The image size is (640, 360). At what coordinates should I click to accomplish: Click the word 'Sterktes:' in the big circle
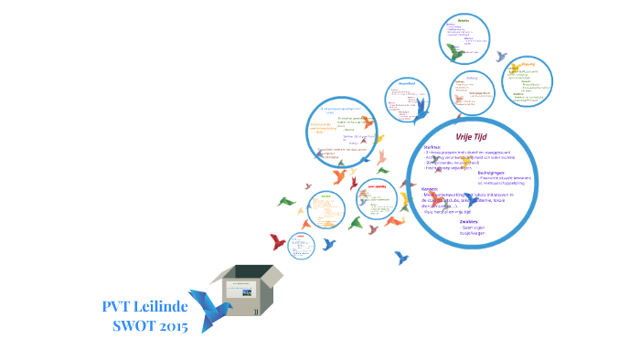[432, 146]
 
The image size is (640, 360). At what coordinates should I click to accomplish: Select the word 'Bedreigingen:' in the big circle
[493, 172]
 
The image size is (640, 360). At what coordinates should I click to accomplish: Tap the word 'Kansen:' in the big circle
[431, 189]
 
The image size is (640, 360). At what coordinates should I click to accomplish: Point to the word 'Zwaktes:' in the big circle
[470, 221]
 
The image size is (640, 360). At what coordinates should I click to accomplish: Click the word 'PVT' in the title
[121, 306]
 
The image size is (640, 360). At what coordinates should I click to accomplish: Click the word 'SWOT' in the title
[133, 326]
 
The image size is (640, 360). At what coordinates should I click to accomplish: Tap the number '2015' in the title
[176, 326]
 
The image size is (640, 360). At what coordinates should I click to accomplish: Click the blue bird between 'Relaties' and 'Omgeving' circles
[502, 57]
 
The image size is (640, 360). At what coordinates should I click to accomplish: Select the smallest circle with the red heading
[301, 245]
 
